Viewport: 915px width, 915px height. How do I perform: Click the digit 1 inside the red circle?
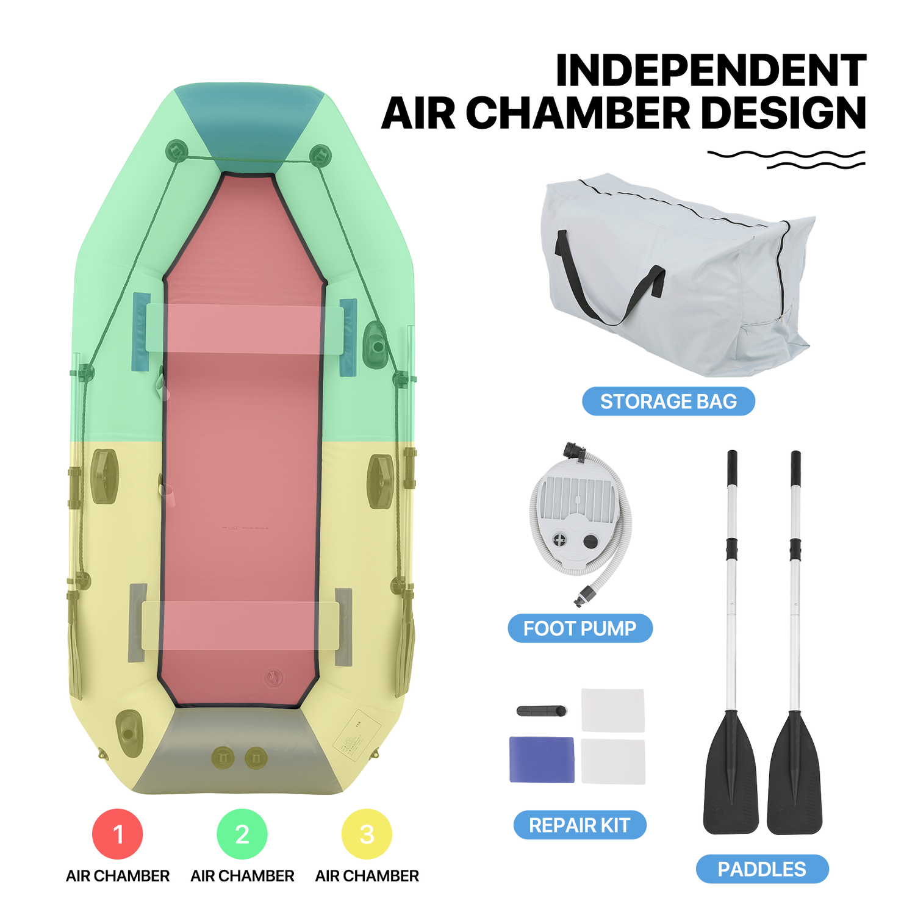tap(118, 834)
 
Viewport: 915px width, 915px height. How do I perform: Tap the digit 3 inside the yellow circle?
tap(367, 834)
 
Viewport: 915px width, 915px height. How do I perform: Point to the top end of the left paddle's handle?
tap(732, 451)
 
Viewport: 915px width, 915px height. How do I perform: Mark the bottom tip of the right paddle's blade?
tap(794, 833)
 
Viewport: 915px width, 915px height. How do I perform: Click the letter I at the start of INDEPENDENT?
tap(562, 71)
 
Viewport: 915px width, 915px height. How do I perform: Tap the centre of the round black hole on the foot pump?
tap(590, 541)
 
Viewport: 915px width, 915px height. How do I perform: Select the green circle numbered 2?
tap(242, 834)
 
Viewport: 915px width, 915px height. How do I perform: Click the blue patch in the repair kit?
tap(542, 759)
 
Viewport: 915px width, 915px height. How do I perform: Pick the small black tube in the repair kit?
tap(542, 711)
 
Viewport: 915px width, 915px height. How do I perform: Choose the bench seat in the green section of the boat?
tap(244, 328)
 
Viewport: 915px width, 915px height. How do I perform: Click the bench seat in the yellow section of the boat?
tap(240, 625)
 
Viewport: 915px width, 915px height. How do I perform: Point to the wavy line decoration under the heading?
tap(786, 159)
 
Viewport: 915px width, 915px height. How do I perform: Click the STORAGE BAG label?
tap(669, 401)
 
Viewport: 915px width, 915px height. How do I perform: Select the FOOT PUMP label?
tap(580, 628)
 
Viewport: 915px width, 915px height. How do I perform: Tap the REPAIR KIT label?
tap(579, 825)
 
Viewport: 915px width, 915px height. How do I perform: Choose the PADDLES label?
tap(762, 869)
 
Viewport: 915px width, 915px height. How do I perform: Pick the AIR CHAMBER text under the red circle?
tap(118, 876)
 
